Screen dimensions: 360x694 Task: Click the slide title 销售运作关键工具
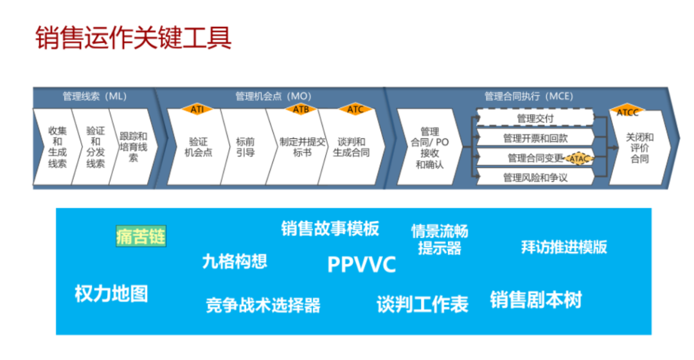click(133, 39)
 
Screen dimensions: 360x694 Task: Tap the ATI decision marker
click(197, 109)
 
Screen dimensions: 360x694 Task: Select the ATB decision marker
click(301, 109)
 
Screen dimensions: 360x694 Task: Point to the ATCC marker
click(627, 112)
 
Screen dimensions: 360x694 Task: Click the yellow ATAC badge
click(580, 158)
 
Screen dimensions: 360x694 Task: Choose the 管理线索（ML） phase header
click(94, 96)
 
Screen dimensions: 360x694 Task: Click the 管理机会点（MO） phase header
click(273, 96)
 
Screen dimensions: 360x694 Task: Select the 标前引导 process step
click(245, 147)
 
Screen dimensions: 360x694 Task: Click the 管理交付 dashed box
click(535, 118)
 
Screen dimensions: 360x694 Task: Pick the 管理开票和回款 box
click(535, 138)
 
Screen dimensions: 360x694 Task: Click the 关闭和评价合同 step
click(639, 147)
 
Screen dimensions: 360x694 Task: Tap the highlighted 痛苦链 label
click(141, 236)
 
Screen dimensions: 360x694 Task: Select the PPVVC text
click(361, 264)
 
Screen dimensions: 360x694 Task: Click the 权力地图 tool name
click(111, 294)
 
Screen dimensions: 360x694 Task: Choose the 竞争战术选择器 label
click(263, 304)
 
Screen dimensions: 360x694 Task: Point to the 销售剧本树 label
click(536, 300)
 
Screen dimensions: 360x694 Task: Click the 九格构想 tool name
click(235, 261)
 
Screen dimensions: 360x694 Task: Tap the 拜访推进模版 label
click(564, 247)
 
